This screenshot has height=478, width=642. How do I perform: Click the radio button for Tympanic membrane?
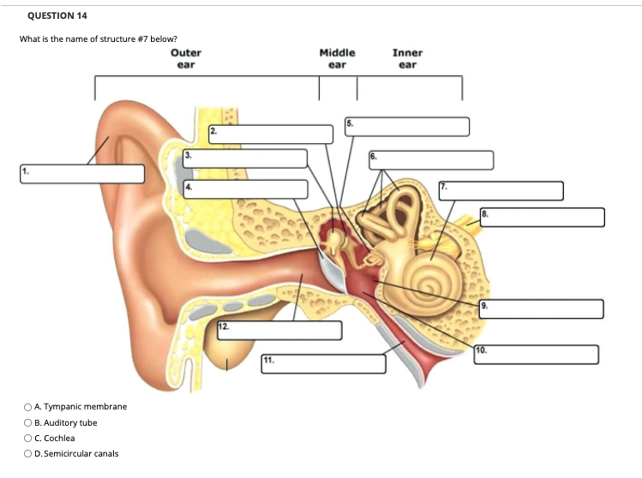(29, 406)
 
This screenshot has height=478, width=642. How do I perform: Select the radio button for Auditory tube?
(29, 422)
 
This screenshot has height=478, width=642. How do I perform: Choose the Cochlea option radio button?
(29, 438)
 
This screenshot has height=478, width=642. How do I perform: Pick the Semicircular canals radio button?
(29, 454)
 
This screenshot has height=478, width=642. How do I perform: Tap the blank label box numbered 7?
(501, 191)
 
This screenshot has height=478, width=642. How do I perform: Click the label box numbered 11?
(323, 362)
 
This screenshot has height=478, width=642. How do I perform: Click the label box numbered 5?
(407, 127)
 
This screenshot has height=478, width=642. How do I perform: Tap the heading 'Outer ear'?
(184, 57)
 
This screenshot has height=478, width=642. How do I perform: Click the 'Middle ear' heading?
(337, 57)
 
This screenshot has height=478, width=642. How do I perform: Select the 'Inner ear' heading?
(407, 57)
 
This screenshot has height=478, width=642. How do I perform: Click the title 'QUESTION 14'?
(57, 16)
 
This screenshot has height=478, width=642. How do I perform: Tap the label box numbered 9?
(541, 308)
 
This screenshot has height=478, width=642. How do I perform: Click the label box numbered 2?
(271, 134)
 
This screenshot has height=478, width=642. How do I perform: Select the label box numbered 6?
(431, 160)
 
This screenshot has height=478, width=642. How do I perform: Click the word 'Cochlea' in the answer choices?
(59, 438)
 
